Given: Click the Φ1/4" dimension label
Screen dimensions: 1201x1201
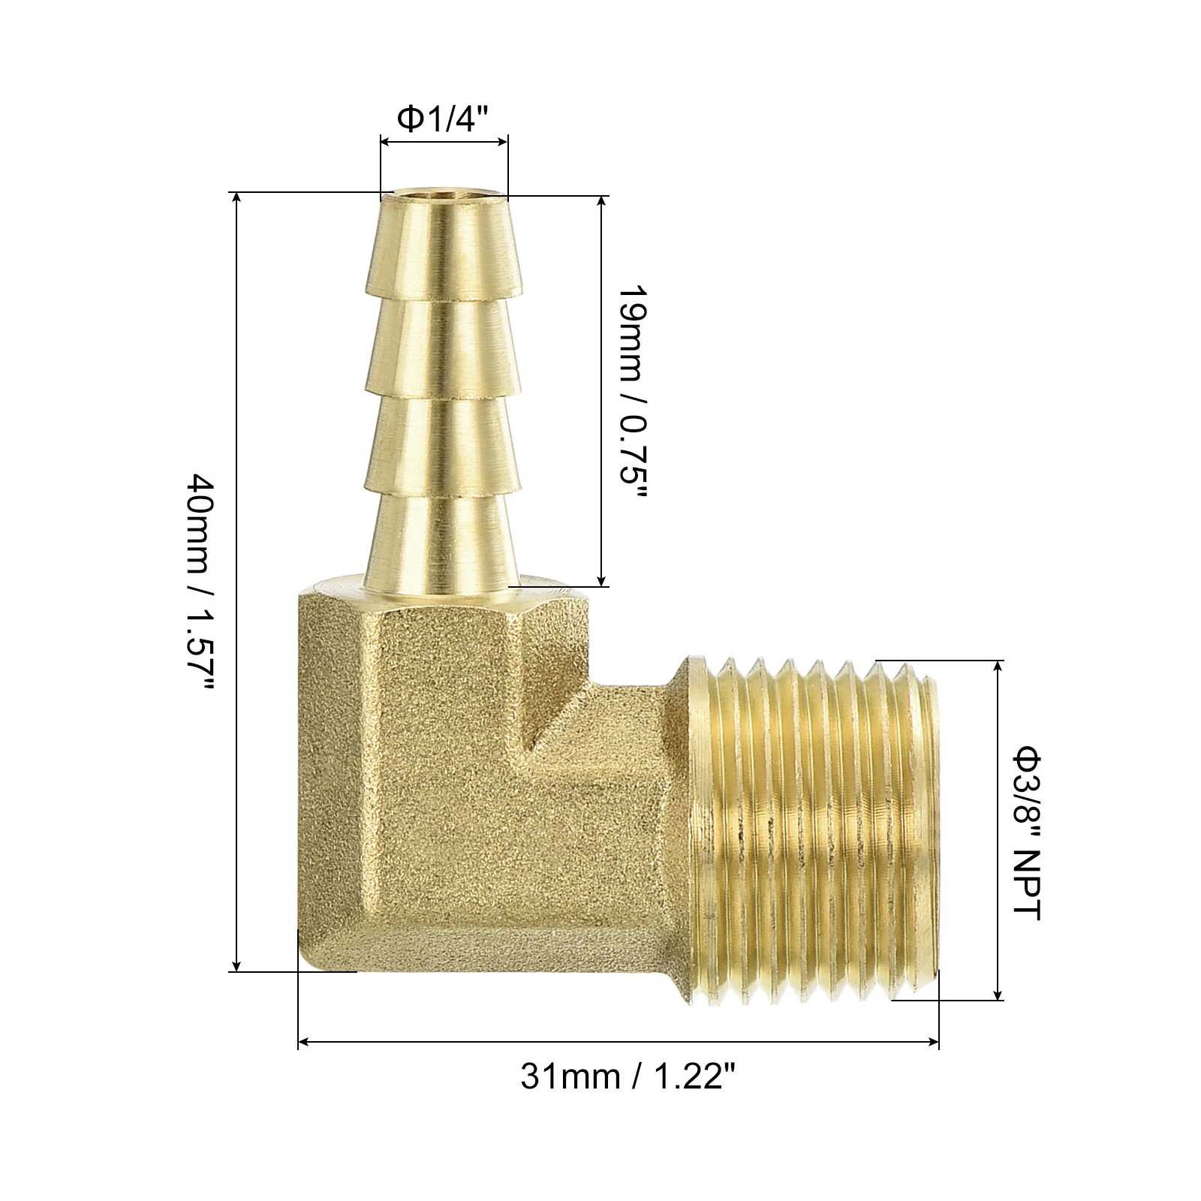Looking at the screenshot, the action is pyautogui.click(x=443, y=118).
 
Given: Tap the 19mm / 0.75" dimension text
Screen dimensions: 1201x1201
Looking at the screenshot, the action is pyautogui.click(x=631, y=394).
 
